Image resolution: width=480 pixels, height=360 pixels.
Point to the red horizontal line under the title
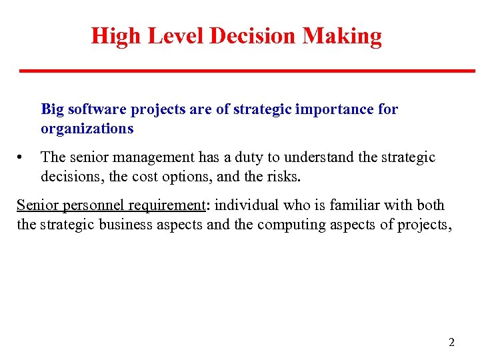tap(247, 71)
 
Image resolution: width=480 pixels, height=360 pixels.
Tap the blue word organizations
tap(87, 129)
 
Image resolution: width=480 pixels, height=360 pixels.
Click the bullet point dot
tap(21, 158)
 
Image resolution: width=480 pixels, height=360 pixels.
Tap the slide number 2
tap(451, 343)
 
